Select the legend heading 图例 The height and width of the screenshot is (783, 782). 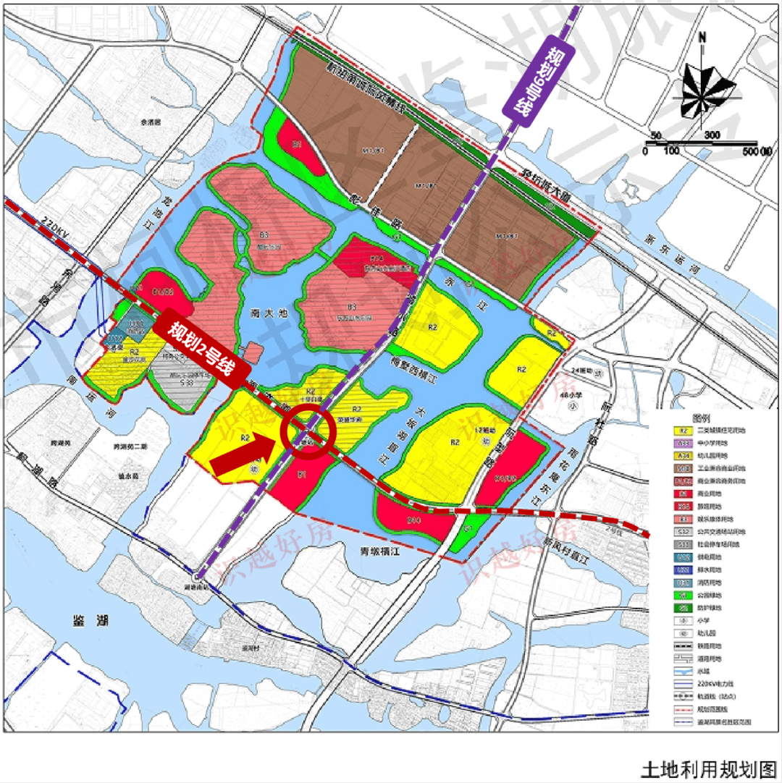pos(701,419)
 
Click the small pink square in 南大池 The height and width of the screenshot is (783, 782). pos(253,352)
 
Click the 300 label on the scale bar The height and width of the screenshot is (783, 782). pos(711,135)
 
